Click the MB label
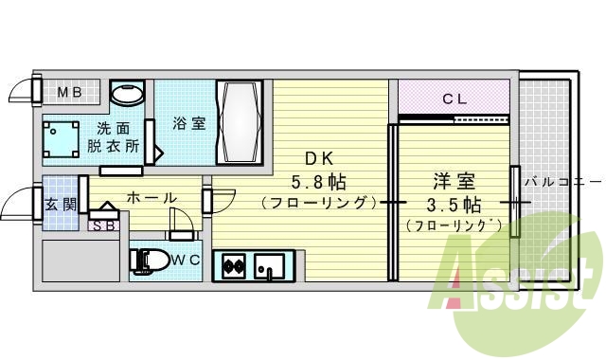[x=71, y=92]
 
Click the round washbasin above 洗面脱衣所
[x=127, y=94]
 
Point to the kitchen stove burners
[x=234, y=266]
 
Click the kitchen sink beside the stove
[x=269, y=266]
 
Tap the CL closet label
[x=454, y=97]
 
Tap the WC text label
[x=186, y=259]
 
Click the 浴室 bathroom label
[x=188, y=123]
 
